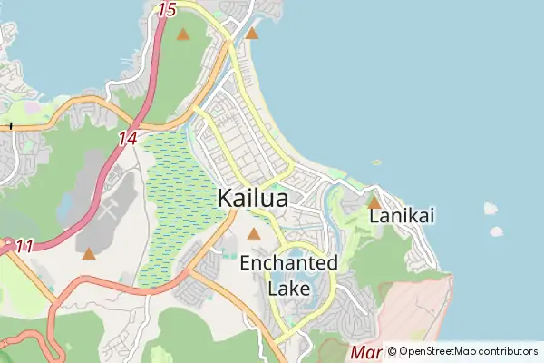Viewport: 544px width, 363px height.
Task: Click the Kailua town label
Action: pyautogui.click(x=253, y=198)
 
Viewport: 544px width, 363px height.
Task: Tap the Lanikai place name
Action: pyautogui.click(x=403, y=216)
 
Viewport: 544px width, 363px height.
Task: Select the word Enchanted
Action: pyautogui.click(x=288, y=263)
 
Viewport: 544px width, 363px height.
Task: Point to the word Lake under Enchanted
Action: pyautogui.click(x=289, y=289)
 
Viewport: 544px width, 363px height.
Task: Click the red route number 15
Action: pyautogui.click(x=166, y=10)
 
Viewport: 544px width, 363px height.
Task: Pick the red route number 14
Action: pyautogui.click(x=127, y=139)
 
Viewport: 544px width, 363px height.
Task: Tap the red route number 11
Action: pyautogui.click(x=24, y=246)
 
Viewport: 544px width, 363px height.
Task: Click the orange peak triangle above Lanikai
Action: pyautogui.click(x=374, y=202)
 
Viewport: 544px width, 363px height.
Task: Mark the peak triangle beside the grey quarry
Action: pyautogui.click(x=88, y=253)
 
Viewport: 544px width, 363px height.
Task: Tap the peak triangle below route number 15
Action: pyautogui.click(x=183, y=34)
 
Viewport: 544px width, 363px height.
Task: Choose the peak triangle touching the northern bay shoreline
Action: pyautogui.click(x=252, y=34)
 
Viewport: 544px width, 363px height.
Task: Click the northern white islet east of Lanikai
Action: pyautogui.click(x=491, y=208)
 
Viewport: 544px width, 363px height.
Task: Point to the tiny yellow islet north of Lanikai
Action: pyautogui.click(x=376, y=162)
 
